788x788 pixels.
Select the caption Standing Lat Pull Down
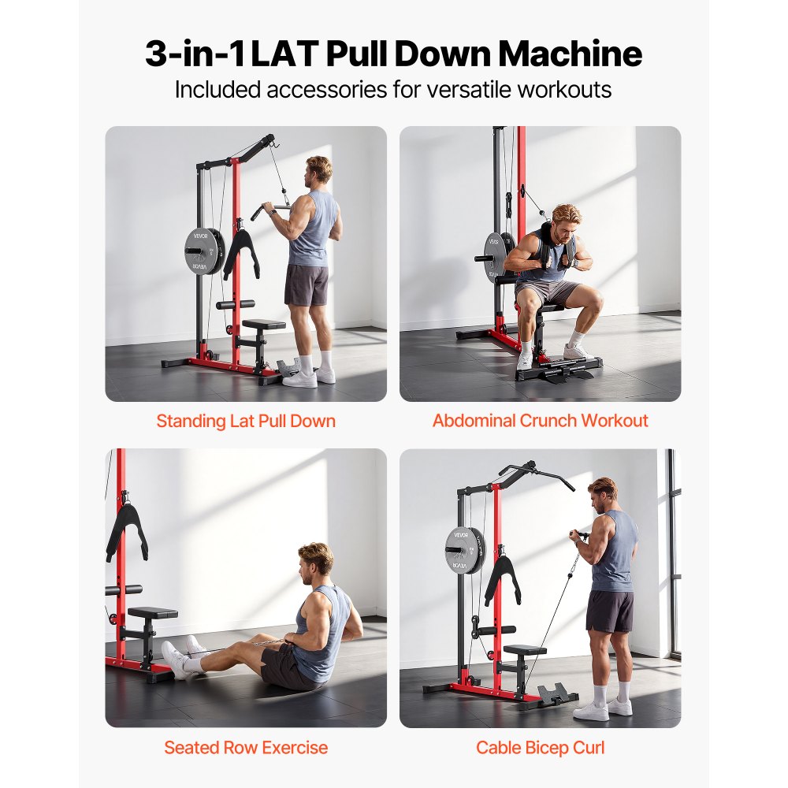point(246,421)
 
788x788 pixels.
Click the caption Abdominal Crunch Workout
point(540,421)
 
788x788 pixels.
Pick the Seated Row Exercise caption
point(246,747)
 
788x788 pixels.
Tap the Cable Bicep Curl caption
point(540,747)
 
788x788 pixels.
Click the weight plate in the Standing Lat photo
point(200,251)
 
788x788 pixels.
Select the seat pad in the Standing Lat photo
point(264,324)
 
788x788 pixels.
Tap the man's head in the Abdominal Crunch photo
point(565,222)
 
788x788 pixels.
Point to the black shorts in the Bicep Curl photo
point(610,611)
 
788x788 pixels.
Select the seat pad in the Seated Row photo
point(152,613)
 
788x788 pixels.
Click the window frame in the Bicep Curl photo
point(672,552)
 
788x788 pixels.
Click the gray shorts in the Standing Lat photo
point(307,284)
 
